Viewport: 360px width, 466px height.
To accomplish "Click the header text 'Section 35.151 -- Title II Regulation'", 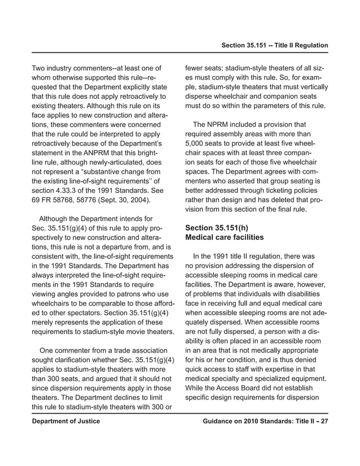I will (x=275, y=45).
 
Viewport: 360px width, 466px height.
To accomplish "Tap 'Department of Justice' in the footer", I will (x=65, y=421).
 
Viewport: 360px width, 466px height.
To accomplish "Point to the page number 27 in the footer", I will (x=323, y=421).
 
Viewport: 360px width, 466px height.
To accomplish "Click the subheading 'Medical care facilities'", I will (x=224, y=238).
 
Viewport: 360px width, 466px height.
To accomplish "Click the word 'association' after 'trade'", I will (x=141, y=349).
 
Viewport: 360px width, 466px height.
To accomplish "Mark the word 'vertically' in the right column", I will (x=311, y=87).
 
